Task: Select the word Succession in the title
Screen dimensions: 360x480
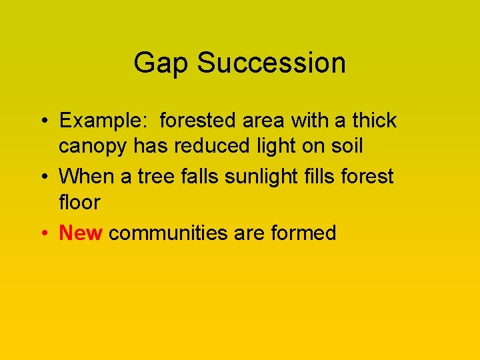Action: click(x=271, y=63)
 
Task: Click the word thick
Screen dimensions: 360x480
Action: click(x=374, y=121)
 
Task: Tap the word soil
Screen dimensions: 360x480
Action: click(x=346, y=146)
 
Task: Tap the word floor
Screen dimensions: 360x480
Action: click(x=79, y=202)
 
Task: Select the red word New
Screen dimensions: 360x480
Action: click(x=81, y=233)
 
